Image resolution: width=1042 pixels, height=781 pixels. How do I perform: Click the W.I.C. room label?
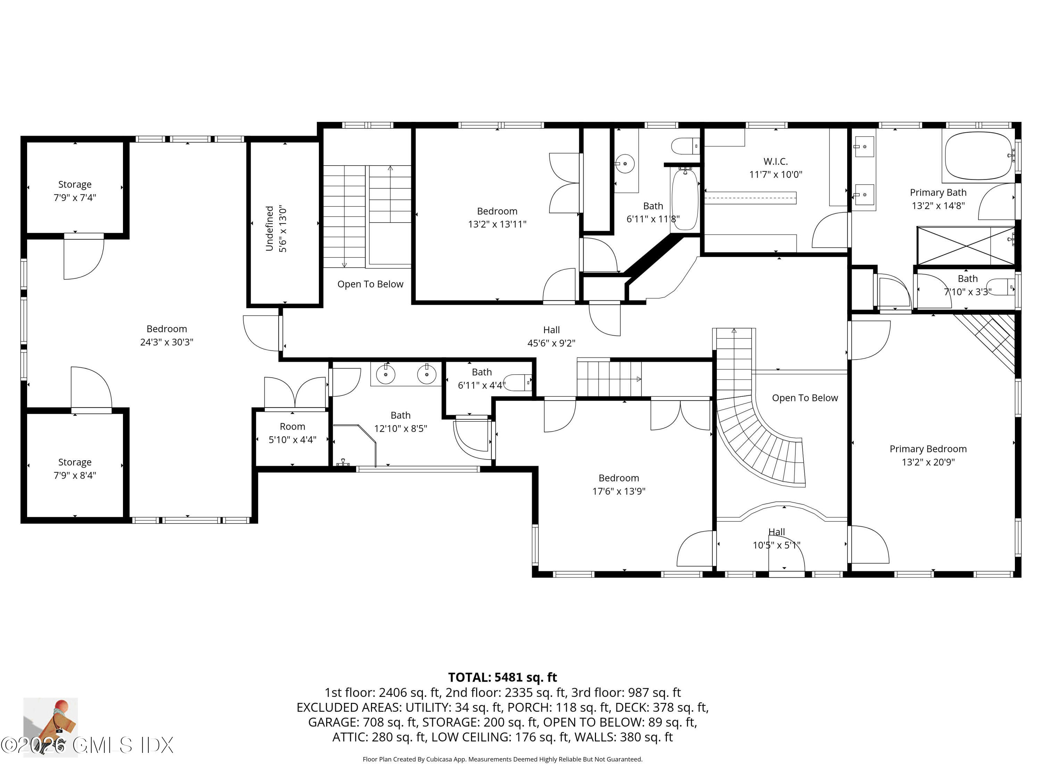coord(775,161)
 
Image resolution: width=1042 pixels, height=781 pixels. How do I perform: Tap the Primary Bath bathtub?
coord(978,156)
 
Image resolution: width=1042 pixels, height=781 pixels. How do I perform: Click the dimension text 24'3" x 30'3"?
coord(166,342)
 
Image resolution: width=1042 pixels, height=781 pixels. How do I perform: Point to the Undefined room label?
coord(270,228)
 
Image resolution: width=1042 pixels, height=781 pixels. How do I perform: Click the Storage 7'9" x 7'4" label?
coord(75,185)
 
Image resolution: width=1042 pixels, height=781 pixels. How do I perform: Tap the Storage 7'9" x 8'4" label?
coord(75,462)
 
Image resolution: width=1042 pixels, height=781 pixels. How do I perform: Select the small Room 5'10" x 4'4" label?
coord(292,427)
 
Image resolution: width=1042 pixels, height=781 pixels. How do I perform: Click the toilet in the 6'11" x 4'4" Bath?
coord(518,382)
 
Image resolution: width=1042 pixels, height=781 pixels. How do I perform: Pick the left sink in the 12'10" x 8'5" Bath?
coord(386,374)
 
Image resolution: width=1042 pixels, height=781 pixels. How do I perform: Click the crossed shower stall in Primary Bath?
coord(966,246)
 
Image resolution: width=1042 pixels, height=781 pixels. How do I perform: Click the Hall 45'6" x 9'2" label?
coord(551,330)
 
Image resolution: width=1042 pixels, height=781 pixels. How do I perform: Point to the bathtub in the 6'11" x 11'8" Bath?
coord(685,200)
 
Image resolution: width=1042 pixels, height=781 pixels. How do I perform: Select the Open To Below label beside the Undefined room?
coord(370,284)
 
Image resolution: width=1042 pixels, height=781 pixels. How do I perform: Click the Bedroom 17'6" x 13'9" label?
coord(619,478)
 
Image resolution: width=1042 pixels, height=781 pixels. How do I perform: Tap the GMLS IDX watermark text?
coord(123,745)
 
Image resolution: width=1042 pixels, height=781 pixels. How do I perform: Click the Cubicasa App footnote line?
coord(502,759)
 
